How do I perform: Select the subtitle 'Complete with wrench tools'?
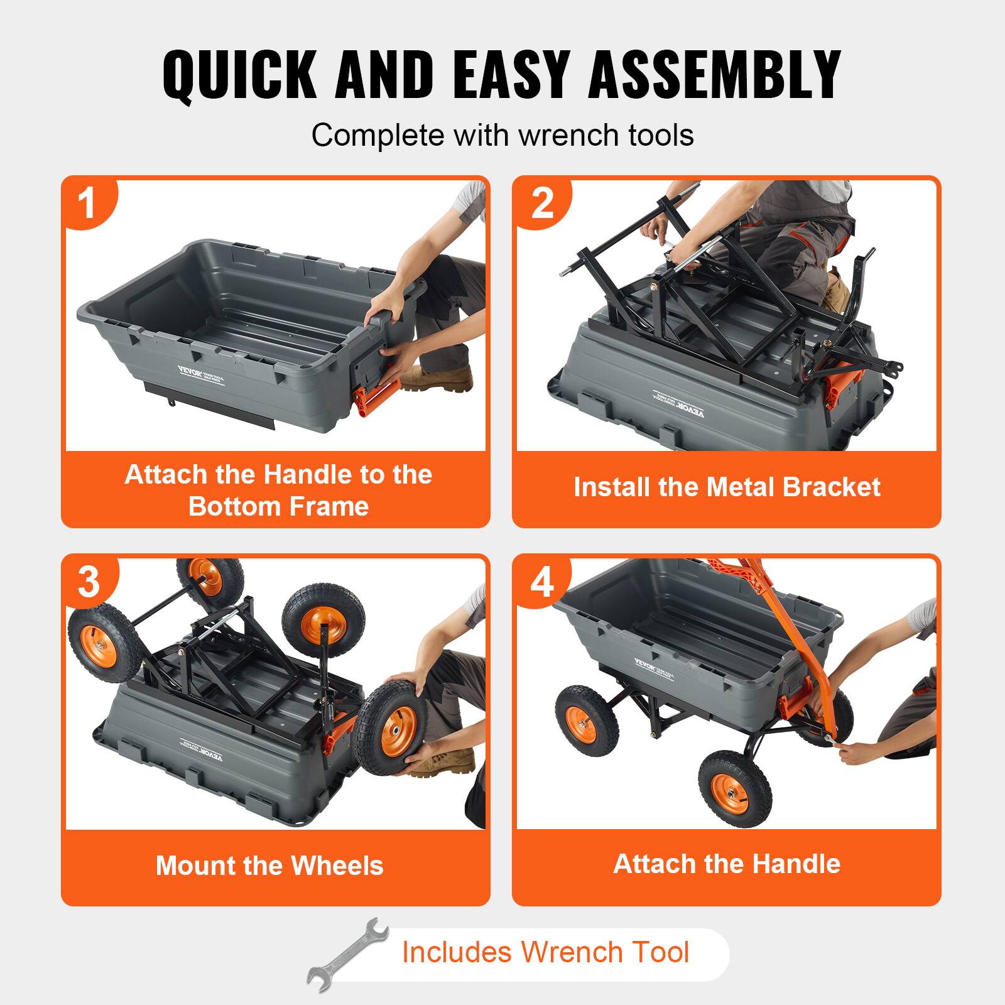(x=503, y=135)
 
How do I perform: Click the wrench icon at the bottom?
(x=347, y=954)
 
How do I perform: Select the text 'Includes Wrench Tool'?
(x=545, y=952)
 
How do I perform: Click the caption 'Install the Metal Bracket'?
(x=727, y=487)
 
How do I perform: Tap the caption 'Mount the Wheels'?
(x=269, y=866)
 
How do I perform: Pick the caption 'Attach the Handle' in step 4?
(x=727, y=864)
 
